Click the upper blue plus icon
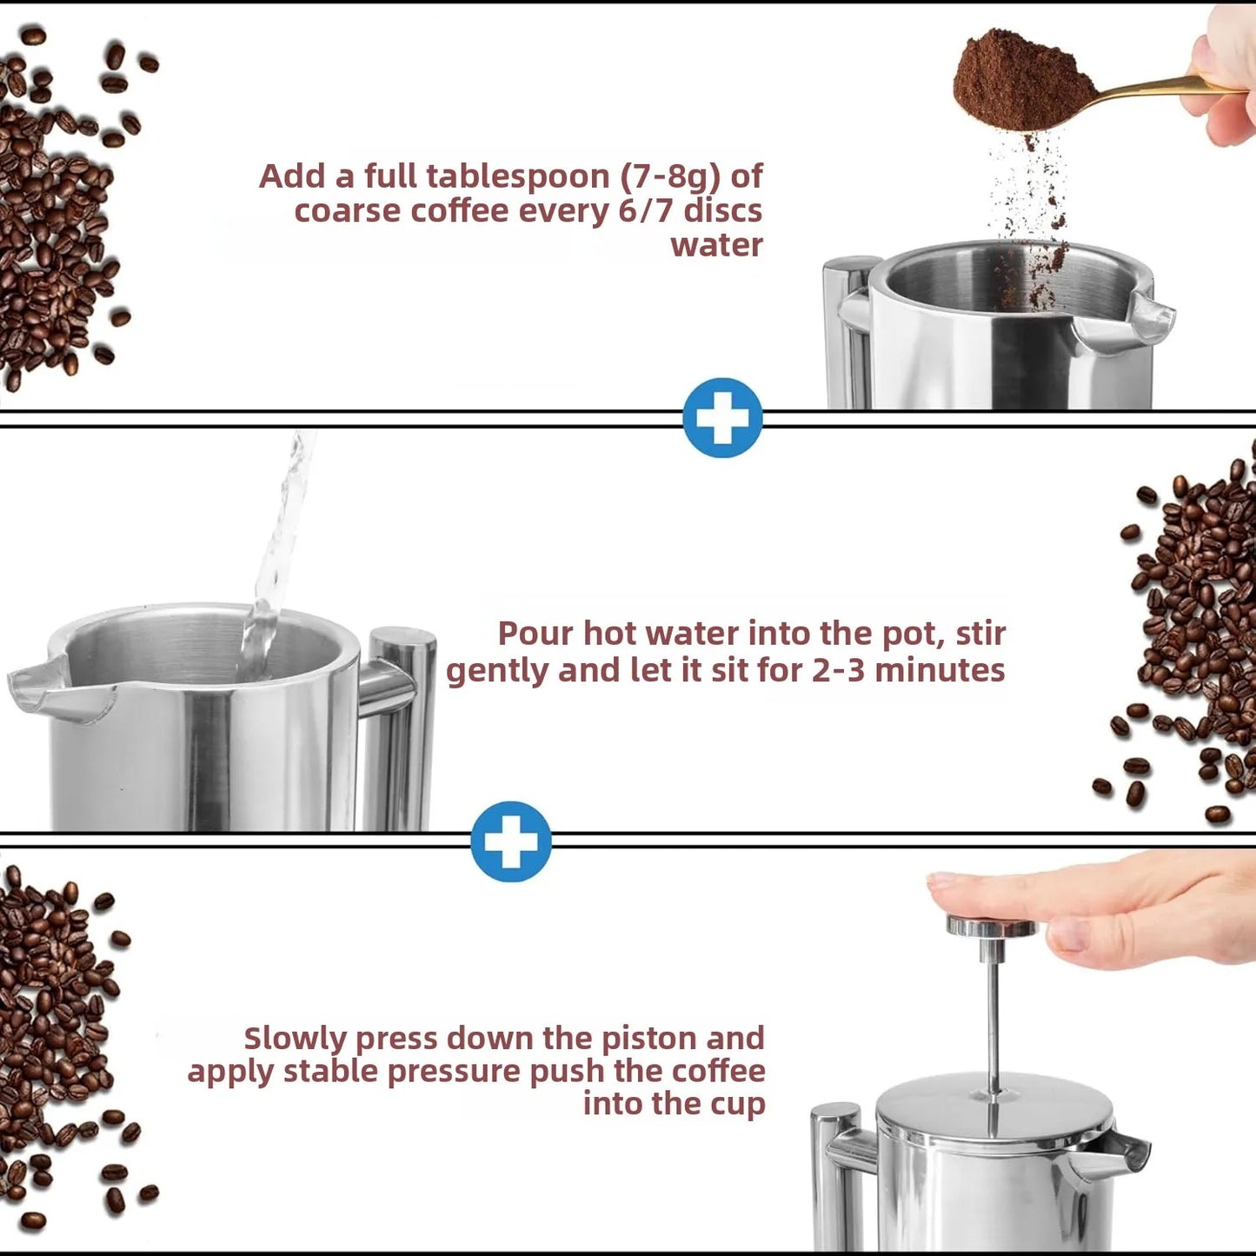(x=722, y=418)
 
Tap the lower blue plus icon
(x=511, y=841)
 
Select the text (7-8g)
(x=671, y=176)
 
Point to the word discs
(x=722, y=211)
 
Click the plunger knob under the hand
(x=991, y=927)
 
